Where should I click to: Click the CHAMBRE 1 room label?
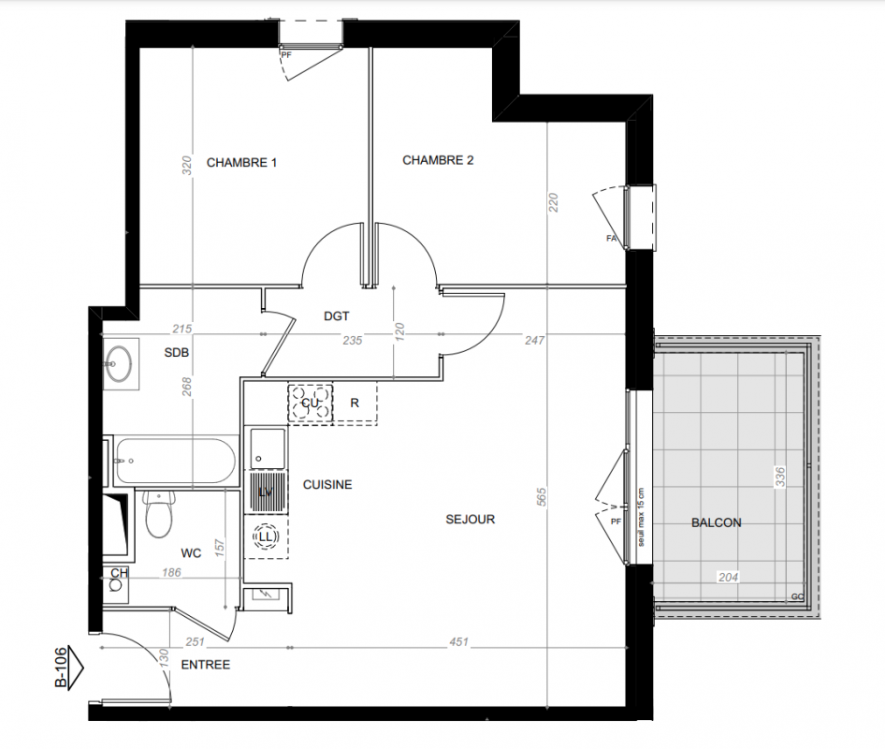click(241, 163)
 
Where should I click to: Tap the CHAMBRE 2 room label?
click(438, 160)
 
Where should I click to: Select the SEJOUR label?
click(471, 519)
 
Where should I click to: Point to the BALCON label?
click(717, 522)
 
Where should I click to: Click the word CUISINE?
click(327, 485)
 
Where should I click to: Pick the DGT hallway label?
click(337, 316)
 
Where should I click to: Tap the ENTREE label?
click(206, 665)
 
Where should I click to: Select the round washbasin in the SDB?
click(119, 364)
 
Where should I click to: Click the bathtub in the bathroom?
click(175, 461)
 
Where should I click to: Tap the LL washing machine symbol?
click(266, 536)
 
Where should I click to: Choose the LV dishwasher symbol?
click(266, 492)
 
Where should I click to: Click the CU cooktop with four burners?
click(310, 403)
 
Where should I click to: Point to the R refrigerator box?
click(355, 403)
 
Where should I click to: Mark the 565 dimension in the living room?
click(542, 497)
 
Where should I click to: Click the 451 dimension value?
click(458, 641)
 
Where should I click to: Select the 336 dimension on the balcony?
click(779, 477)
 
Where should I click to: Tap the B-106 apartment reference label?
click(61, 668)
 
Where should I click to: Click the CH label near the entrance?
click(119, 573)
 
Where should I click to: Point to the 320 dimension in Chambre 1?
click(187, 165)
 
